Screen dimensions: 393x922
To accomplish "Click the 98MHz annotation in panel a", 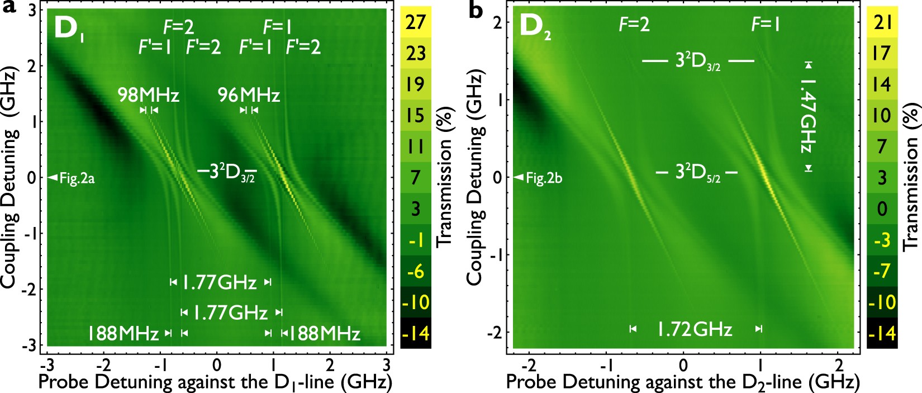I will tap(148, 95).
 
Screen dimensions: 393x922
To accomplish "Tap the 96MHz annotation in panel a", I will tap(249, 95).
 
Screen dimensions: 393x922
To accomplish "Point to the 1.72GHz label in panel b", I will tap(694, 329).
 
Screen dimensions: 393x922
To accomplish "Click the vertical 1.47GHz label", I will tap(807, 116).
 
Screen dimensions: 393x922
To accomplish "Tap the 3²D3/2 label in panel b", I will tap(698, 61).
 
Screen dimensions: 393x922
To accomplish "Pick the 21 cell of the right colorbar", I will tap(882, 22).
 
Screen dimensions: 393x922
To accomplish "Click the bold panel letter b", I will tap(476, 10).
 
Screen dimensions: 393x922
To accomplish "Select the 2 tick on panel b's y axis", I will tap(497, 23).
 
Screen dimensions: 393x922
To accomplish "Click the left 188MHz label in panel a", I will tap(123, 334).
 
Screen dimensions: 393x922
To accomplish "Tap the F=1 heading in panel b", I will tap(766, 25).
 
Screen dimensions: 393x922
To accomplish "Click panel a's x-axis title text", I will tap(215, 382).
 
